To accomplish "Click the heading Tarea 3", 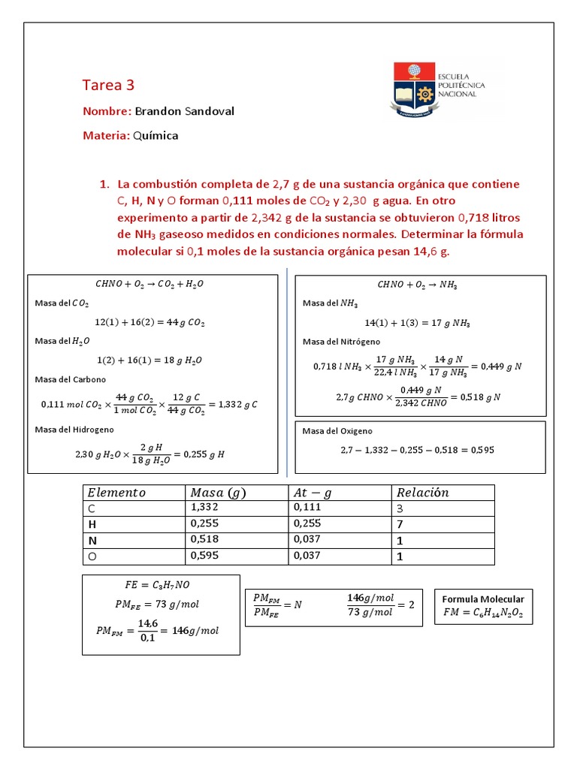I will pyautogui.click(x=107, y=85).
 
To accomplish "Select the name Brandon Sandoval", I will pyautogui.click(x=184, y=111).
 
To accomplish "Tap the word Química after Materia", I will pyautogui.click(x=156, y=136).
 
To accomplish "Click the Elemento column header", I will pyautogui.click(x=116, y=493).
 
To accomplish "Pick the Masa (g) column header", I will pyautogui.click(x=218, y=493).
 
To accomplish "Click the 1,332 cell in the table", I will pyautogui.click(x=204, y=508).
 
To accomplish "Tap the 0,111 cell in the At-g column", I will pyautogui.click(x=306, y=508).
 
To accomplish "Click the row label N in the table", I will pyautogui.click(x=92, y=540).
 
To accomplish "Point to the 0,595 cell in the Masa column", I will pyautogui.click(x=204, y=556).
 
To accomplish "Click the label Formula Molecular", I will pyautogui.click(x=483, y=599).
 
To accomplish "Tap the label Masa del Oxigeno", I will pyautogui.click(x=337, y=431).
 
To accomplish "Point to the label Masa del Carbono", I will pyautogui.click(x=70, y=379).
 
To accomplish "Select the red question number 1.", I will pyautogui.click(x=104, y=185).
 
